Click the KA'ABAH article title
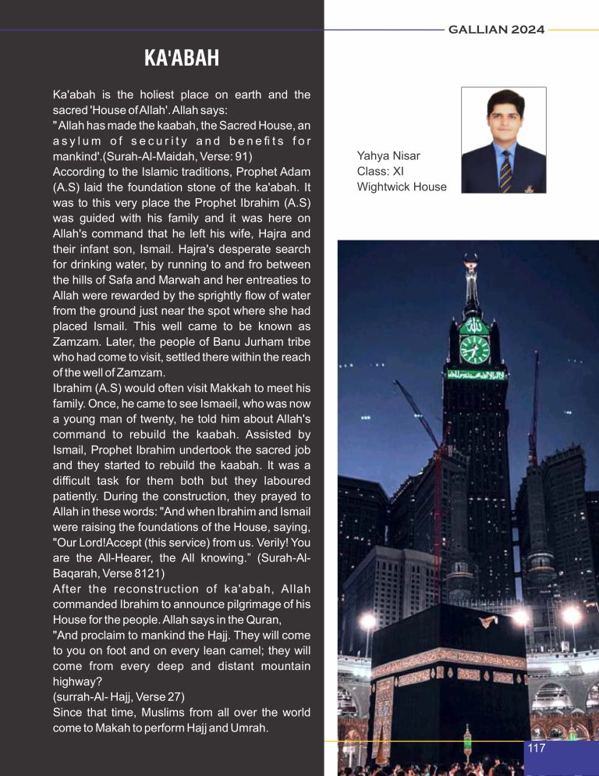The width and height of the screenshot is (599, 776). (181, 58)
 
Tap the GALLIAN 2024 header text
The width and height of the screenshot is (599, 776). (496, 30)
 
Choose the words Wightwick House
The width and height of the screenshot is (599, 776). (402, 187)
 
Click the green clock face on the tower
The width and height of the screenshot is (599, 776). (474, 348)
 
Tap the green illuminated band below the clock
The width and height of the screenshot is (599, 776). (474, 374)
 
